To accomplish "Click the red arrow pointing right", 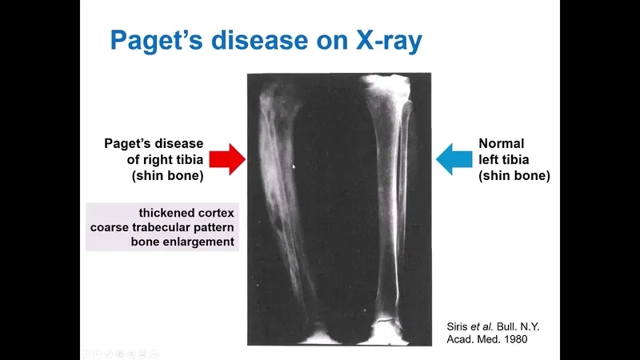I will coord(228,160).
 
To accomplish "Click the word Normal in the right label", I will coord(502,144).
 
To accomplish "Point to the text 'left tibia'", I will coord(504,160).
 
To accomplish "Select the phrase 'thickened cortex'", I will coord(188,213).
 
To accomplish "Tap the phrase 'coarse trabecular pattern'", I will coord(170,227).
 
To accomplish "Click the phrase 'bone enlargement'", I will coord(183,242).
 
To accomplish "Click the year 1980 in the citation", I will coord(512,339).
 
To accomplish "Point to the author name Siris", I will coord(459,326).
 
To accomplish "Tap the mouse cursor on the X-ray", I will coord(294,167).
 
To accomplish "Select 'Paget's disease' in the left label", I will coord(154,144).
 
